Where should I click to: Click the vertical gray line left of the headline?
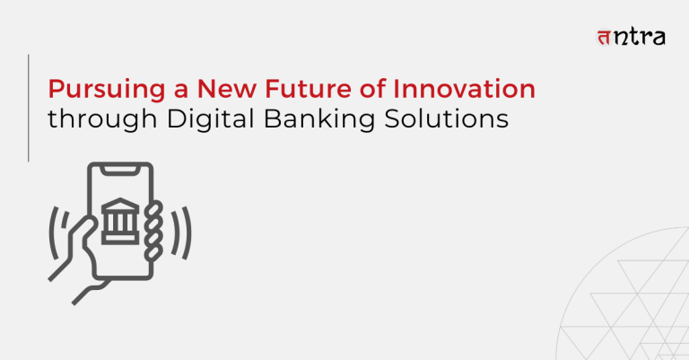pos(29,108)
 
